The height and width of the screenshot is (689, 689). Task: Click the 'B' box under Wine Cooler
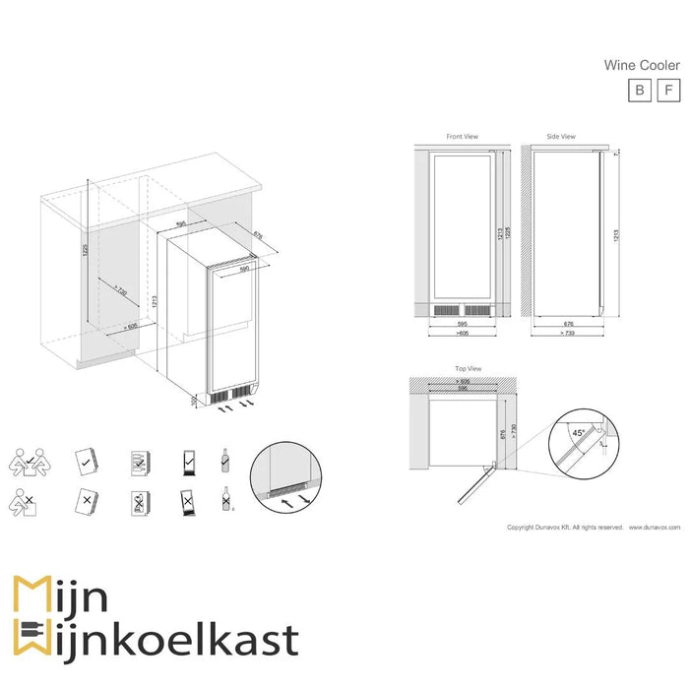[640, 90]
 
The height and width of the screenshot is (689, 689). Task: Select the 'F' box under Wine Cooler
[668, 90]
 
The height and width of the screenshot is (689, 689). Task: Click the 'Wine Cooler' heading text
[642, 65]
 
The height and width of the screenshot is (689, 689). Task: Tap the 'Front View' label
[462, 137]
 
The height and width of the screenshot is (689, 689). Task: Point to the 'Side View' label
[561, 137]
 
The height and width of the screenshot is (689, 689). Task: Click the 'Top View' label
[468, 368]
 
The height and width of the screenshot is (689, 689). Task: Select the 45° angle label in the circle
[578, 431]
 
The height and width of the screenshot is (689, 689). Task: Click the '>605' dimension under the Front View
[462, 335]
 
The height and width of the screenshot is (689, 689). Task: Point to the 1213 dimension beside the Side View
[615, 236]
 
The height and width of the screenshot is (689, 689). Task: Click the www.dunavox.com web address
[656, 528]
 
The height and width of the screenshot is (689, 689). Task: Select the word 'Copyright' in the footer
[521, 528]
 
